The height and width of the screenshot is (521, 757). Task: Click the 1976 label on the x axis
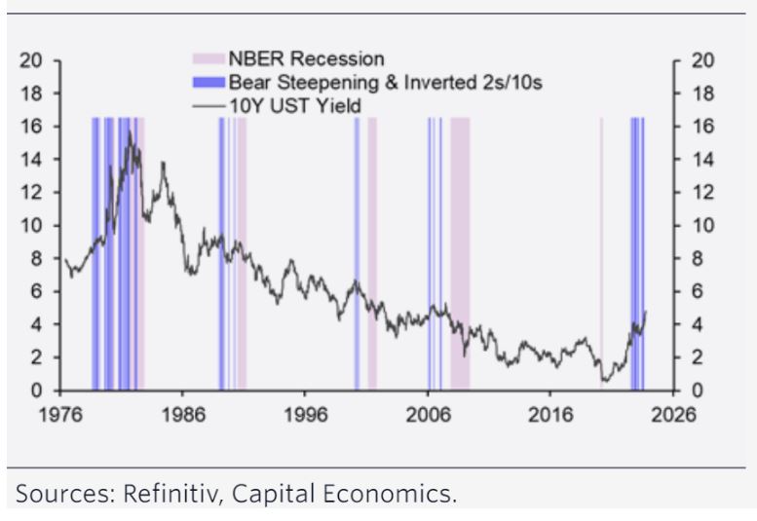click(x=60, y=415)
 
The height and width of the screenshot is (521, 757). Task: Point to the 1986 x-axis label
click(x=183, y=415)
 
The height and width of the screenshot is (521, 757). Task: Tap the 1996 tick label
click(x=306, y=415)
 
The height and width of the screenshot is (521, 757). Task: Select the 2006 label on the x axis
click(x=429, y=415)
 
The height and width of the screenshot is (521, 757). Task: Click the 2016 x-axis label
click(x=550, y=415)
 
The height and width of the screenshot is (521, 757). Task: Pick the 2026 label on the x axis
click(x=673, y=415)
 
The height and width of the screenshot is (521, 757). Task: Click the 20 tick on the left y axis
click(x=30, y=60)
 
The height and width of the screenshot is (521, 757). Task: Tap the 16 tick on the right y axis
click(x=702, y=127)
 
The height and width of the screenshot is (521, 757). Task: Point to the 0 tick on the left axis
click(x=36, y=391)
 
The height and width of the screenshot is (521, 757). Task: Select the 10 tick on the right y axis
click(x=702, y=225)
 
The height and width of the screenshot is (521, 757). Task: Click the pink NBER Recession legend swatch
click(x=208, y=58)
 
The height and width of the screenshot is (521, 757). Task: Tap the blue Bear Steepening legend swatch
click(x=208, y=83)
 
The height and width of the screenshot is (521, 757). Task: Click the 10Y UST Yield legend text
click(x=295, y=105)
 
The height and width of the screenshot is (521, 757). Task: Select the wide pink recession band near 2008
click(x=460, y=253)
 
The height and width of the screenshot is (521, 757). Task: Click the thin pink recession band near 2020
click(x=601, y=253)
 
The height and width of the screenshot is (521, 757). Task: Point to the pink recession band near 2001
click(x=372, y=253)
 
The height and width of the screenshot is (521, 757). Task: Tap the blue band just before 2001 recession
click(x=358, y=253)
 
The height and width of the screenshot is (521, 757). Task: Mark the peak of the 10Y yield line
click(x=130, y=131)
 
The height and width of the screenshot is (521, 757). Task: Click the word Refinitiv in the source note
click(x=172, y=494)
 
